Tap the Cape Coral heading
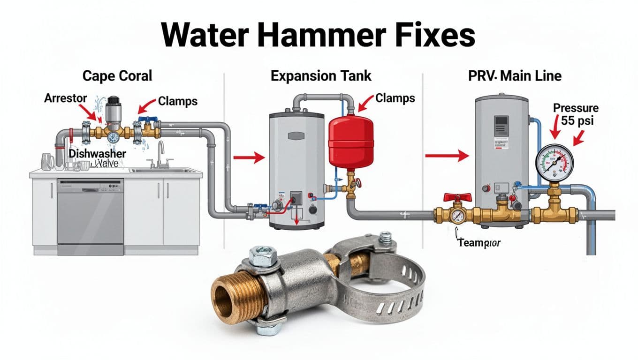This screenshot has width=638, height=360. [x=117, y=76]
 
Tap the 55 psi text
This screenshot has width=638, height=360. [x=577, y=120]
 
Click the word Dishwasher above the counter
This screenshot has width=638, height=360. [x=98, y=153]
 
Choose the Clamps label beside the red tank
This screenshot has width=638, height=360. [x=395, y=98]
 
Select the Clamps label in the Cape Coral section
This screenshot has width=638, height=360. [x=178, y=100]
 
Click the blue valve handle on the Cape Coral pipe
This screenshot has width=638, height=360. [x=148, y=120]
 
